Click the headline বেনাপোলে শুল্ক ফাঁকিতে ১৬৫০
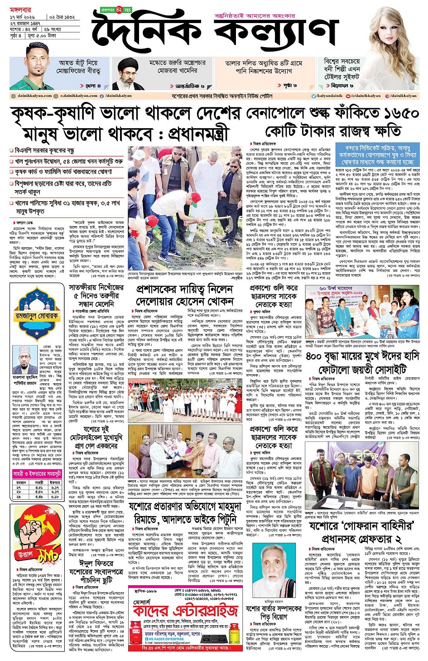point(333,113)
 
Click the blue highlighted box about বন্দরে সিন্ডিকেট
point(377,155)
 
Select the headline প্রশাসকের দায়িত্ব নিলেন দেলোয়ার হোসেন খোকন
point(185,295)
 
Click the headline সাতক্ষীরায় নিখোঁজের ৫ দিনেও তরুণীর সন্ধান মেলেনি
point(96,295)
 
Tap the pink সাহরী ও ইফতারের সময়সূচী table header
point(37,474)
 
